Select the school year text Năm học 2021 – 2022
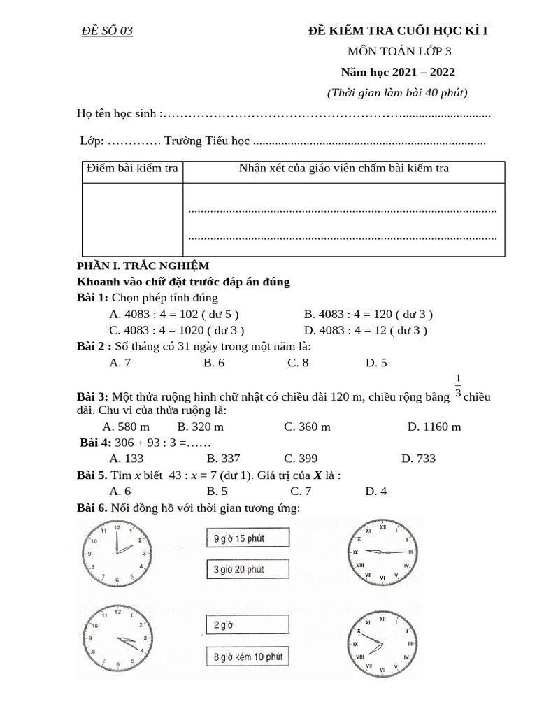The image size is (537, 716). tap(398, 71)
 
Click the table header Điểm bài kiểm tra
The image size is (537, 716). tap(132, 169)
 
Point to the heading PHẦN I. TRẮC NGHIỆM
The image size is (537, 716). tap(143, 266)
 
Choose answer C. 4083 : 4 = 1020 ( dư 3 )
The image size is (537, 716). tap(177, 330)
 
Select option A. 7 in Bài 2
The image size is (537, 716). tap(120, 362)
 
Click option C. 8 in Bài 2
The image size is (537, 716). tap(298, 362)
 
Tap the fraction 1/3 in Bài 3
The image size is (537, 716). tap(458, 386)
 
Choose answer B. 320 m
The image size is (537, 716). tap(201, 427)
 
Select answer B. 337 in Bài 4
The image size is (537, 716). tap(223, 459)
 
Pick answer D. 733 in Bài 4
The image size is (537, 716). tap(418, 459)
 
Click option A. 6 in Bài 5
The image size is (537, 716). tap(120, 491)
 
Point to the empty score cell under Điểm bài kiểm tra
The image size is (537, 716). tap(132, 219)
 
